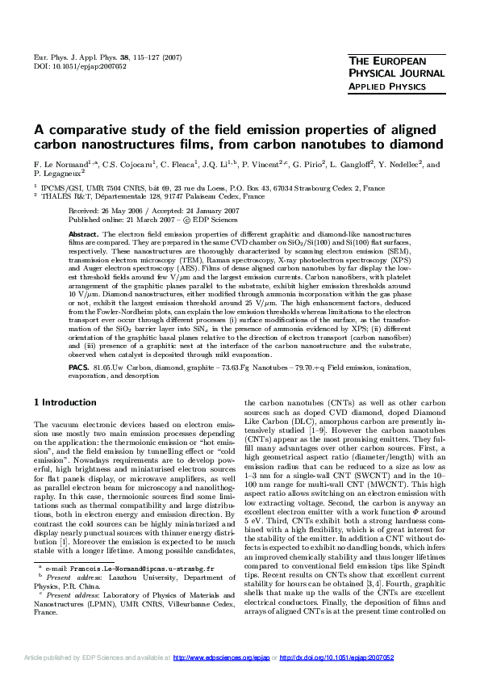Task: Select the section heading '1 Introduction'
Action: point(65,402)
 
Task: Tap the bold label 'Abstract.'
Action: point(85,233)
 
